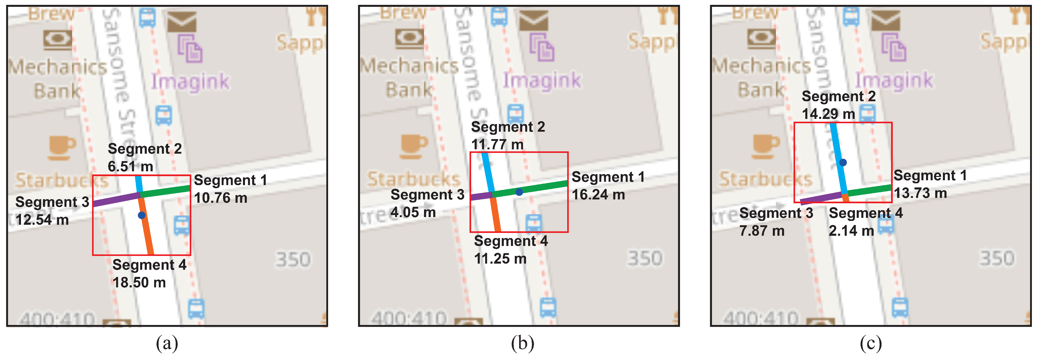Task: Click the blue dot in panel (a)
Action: click(141, 216)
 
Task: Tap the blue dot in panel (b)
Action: click(519, 192)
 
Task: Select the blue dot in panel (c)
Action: click(843, 162)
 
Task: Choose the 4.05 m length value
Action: click(413, 212)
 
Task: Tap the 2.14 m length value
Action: click(851, 231)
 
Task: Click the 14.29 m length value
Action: click(828, 114)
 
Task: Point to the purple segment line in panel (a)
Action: click(116, 199)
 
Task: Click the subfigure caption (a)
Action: click(167, 343)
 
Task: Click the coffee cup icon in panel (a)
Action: click(61, 147)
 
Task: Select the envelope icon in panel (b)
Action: click(533, 20)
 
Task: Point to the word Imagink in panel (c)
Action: click(894, 80)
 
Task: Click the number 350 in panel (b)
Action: click(644, 258)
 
